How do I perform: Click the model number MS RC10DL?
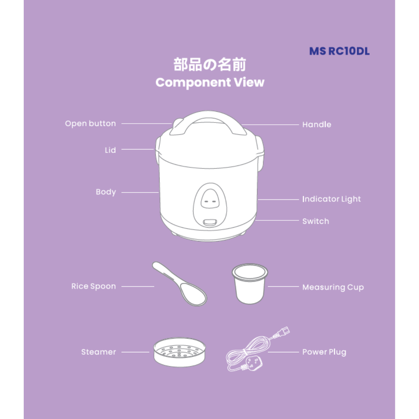(x=339, y=51)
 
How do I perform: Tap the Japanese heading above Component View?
(x=209, y=65)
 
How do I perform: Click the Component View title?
(x=210, y=82)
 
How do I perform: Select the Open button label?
(x=90, y=124)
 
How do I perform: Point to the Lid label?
(x=110, y=150)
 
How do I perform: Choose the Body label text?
(x=106, y=192)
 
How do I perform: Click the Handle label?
(x=317, y=125)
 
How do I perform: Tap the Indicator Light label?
(x=331, y=199)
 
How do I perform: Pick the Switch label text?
(x=316, y=221)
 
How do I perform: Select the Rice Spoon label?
(x=94, y=286)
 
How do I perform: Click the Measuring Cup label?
(x=333, y=287)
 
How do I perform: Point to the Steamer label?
(x=98, y=352)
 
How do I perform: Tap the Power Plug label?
(x=324, y=352)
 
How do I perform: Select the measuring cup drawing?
(x=250, y=284)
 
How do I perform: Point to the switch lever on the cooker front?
(x=210, y=222)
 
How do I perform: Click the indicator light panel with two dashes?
(x=210, y=199)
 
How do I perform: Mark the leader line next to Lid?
(x=138, y=149)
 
